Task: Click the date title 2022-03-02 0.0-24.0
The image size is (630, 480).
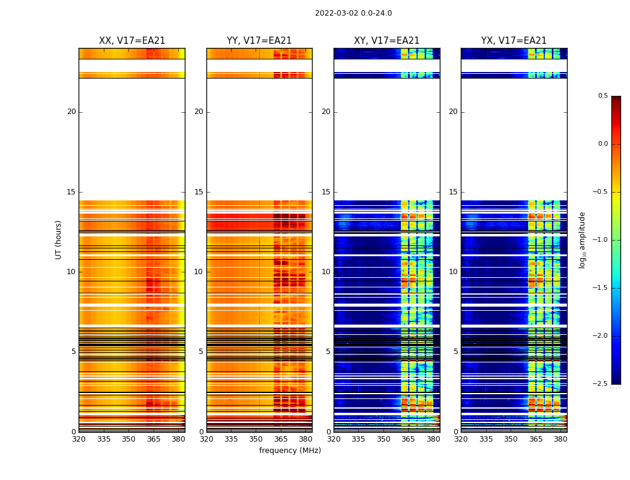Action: point(353,13)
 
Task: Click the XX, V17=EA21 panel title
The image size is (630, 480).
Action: point(132,41)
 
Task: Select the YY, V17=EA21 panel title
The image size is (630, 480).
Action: point(259,41)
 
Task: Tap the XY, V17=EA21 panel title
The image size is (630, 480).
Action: point(386,41)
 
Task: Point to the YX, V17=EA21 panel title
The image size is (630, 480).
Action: point(514,41)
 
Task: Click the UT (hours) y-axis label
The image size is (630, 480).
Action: point(59,239)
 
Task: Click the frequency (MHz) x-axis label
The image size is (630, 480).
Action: point(290,451)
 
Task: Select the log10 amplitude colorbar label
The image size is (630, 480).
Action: point(582,239)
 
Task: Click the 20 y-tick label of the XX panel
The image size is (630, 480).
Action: point(71,112)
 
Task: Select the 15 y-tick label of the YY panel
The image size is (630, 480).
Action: point(199,192)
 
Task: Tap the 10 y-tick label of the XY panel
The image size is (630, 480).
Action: point(326,272)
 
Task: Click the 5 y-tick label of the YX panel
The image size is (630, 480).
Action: point(455,352)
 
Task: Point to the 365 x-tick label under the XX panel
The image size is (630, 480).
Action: point(154,439)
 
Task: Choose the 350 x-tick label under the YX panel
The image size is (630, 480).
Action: point(511,439)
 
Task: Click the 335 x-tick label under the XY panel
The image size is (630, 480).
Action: point(359,439)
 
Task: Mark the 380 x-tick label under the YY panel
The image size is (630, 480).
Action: point(306,439)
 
